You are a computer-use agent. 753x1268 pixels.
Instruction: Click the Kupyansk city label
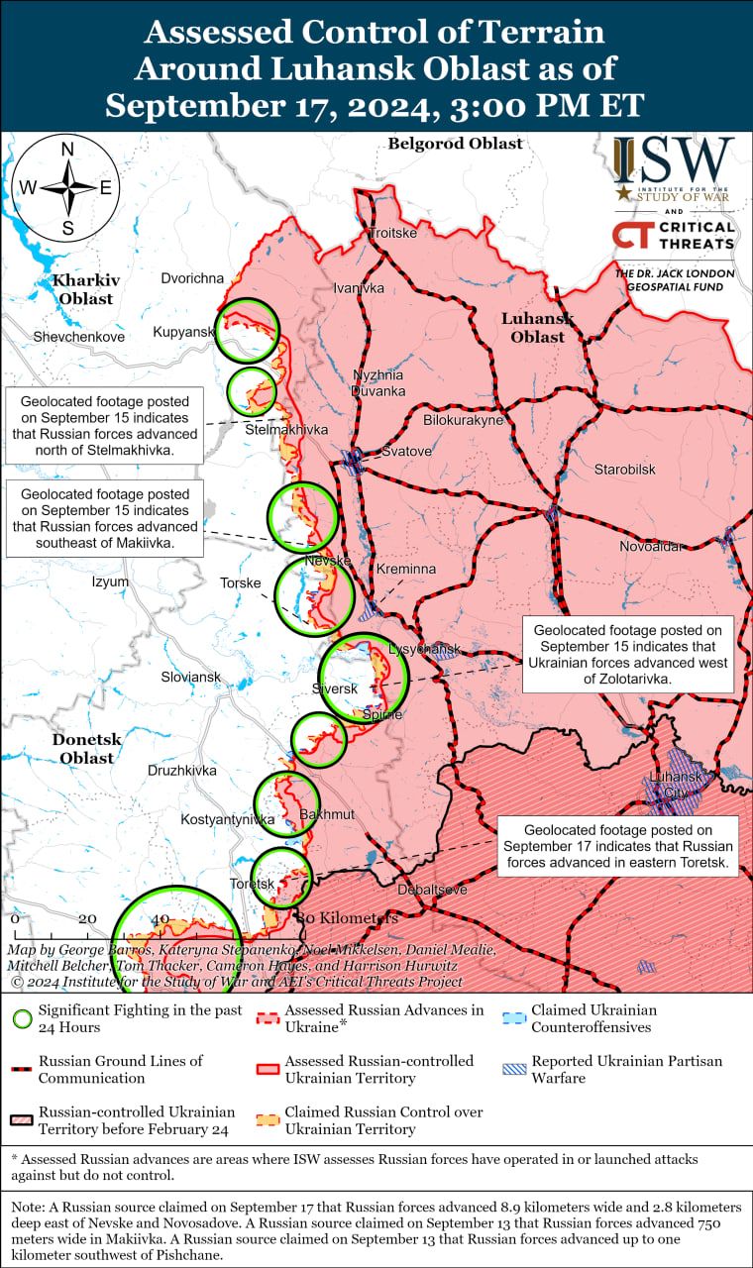183,332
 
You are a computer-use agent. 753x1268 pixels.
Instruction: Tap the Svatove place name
407,452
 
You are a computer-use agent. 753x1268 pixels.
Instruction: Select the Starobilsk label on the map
624,469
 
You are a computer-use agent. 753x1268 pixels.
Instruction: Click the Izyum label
110,581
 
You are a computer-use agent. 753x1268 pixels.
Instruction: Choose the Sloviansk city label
190,678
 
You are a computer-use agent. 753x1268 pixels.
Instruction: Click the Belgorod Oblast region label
455,144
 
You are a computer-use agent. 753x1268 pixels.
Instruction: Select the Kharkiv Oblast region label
84,289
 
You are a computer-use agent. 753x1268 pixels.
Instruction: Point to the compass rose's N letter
67,150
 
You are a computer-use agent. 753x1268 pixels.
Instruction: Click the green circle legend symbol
21,1018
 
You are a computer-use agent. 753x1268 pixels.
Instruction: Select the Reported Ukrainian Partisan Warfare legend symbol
512,1069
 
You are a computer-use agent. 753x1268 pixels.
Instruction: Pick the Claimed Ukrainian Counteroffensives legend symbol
512,1018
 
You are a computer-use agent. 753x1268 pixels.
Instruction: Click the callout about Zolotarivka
628,655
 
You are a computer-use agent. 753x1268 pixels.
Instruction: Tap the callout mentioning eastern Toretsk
617,847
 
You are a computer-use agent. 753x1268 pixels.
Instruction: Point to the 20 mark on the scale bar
87,918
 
